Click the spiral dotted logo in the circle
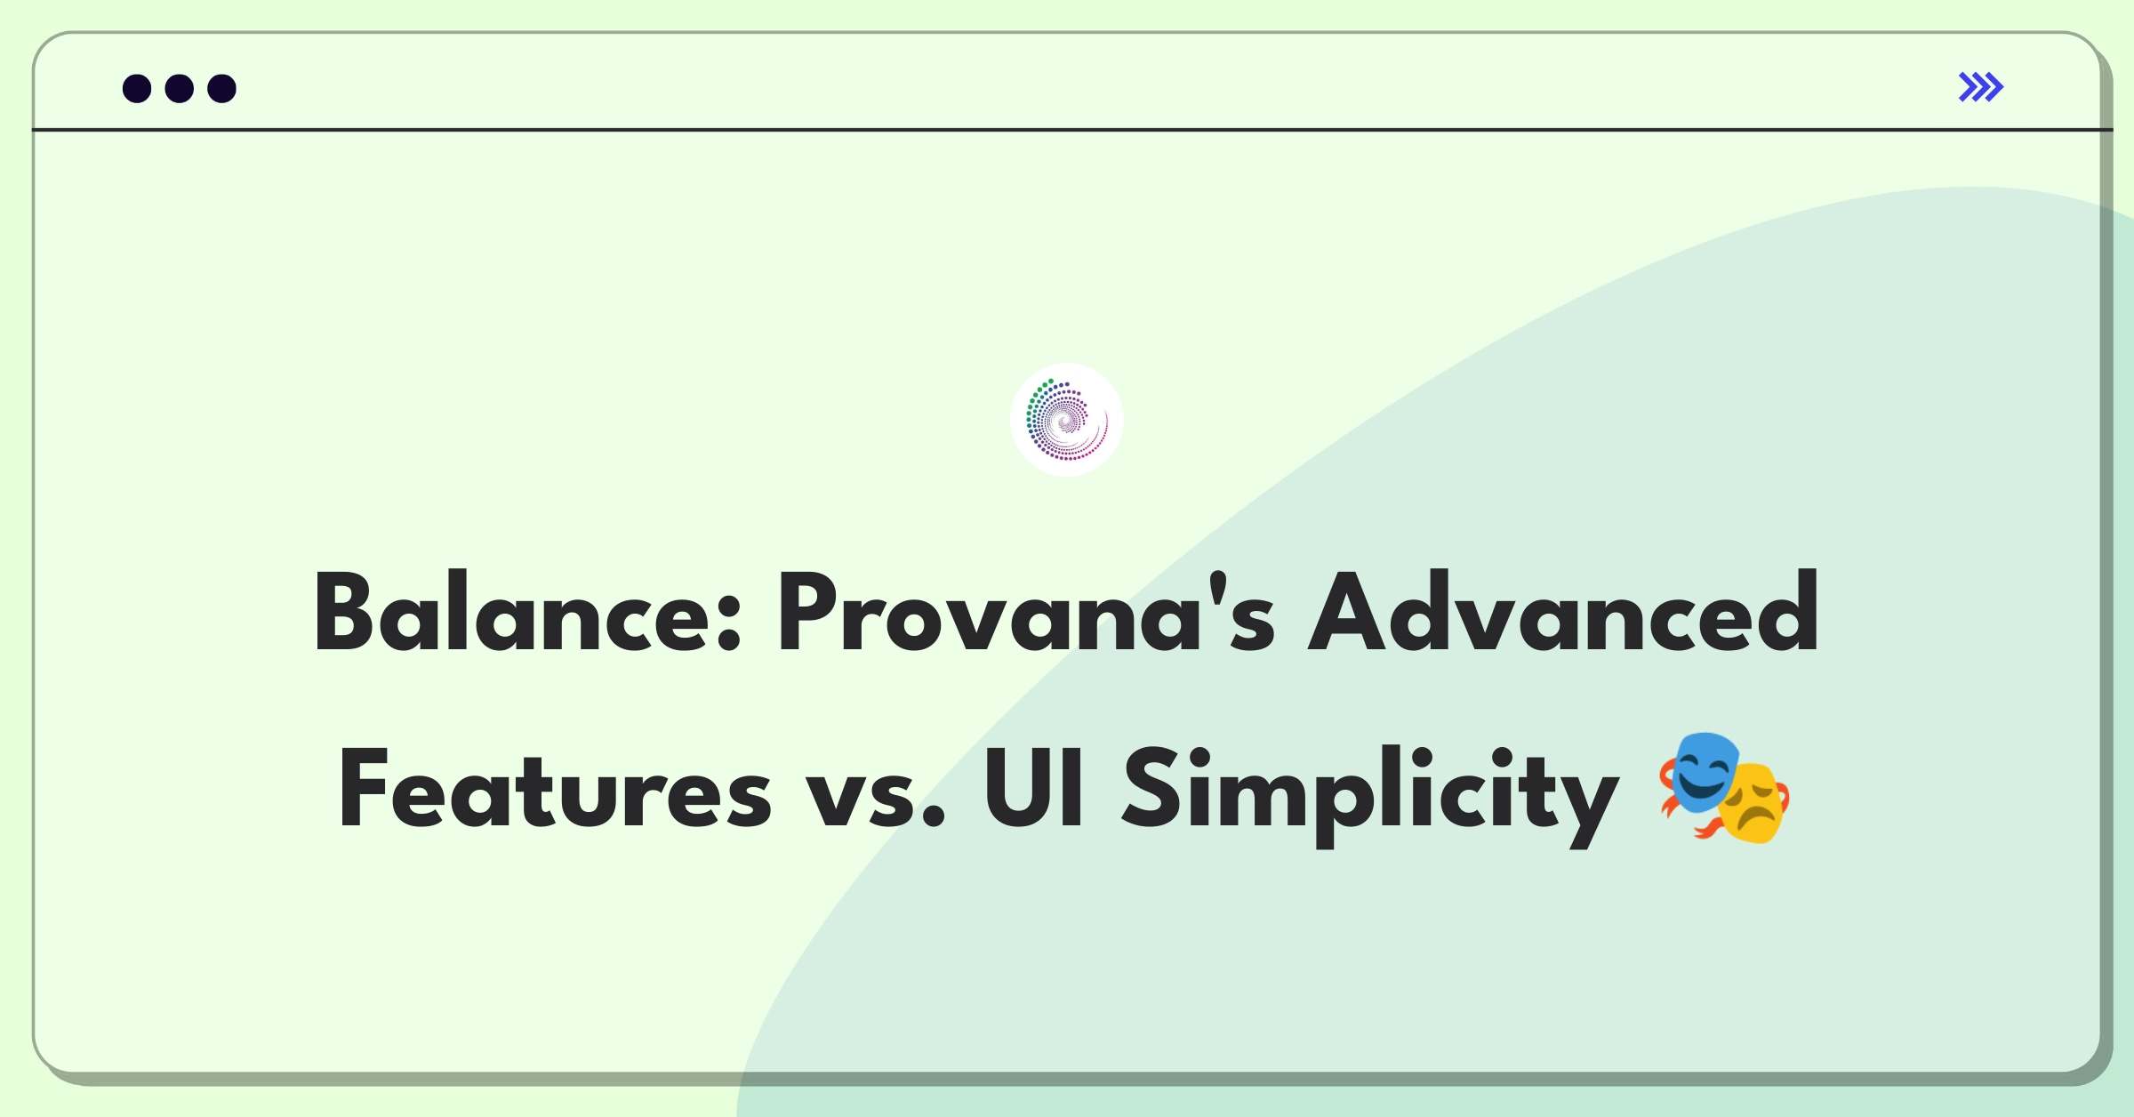(x=1067, y=419)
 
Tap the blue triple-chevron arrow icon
(x=1981, y=87)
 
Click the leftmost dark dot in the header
(x=137, y=88)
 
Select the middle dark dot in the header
(x=180, y=88)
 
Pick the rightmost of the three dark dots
(x=222, y=88)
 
